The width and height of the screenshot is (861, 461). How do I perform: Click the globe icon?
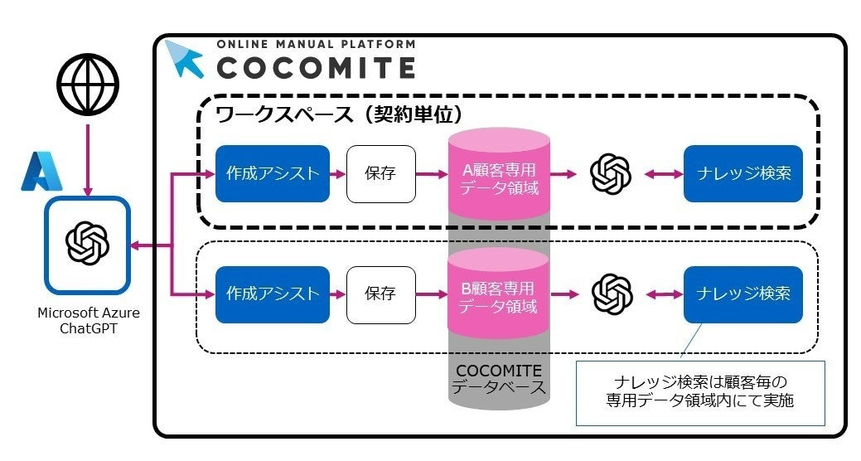click(88, 85)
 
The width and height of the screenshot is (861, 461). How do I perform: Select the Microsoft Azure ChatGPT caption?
click(89, 320)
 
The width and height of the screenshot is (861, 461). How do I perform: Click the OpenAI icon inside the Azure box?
click(88, 245)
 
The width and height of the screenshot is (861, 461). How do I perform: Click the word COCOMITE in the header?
click(316, 66)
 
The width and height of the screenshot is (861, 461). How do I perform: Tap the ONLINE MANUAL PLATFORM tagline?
click(316, 44)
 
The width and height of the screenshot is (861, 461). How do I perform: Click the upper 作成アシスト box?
click(273, 173)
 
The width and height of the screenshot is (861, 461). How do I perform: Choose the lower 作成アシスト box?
click(273, 294)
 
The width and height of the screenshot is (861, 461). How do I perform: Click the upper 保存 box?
click(380, 173)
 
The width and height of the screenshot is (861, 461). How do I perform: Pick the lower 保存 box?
click(380, 294)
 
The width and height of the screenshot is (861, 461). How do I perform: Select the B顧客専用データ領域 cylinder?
click(498, 297)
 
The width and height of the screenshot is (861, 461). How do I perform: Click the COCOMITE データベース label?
click(498, 378)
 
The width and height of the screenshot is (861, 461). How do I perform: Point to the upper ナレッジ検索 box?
click(742, 173)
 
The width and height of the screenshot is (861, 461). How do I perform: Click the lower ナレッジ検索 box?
click(742, 294)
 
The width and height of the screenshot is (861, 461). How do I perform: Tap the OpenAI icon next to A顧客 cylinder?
click(611, 173)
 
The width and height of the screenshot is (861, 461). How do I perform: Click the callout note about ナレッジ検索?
click(700, 392)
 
